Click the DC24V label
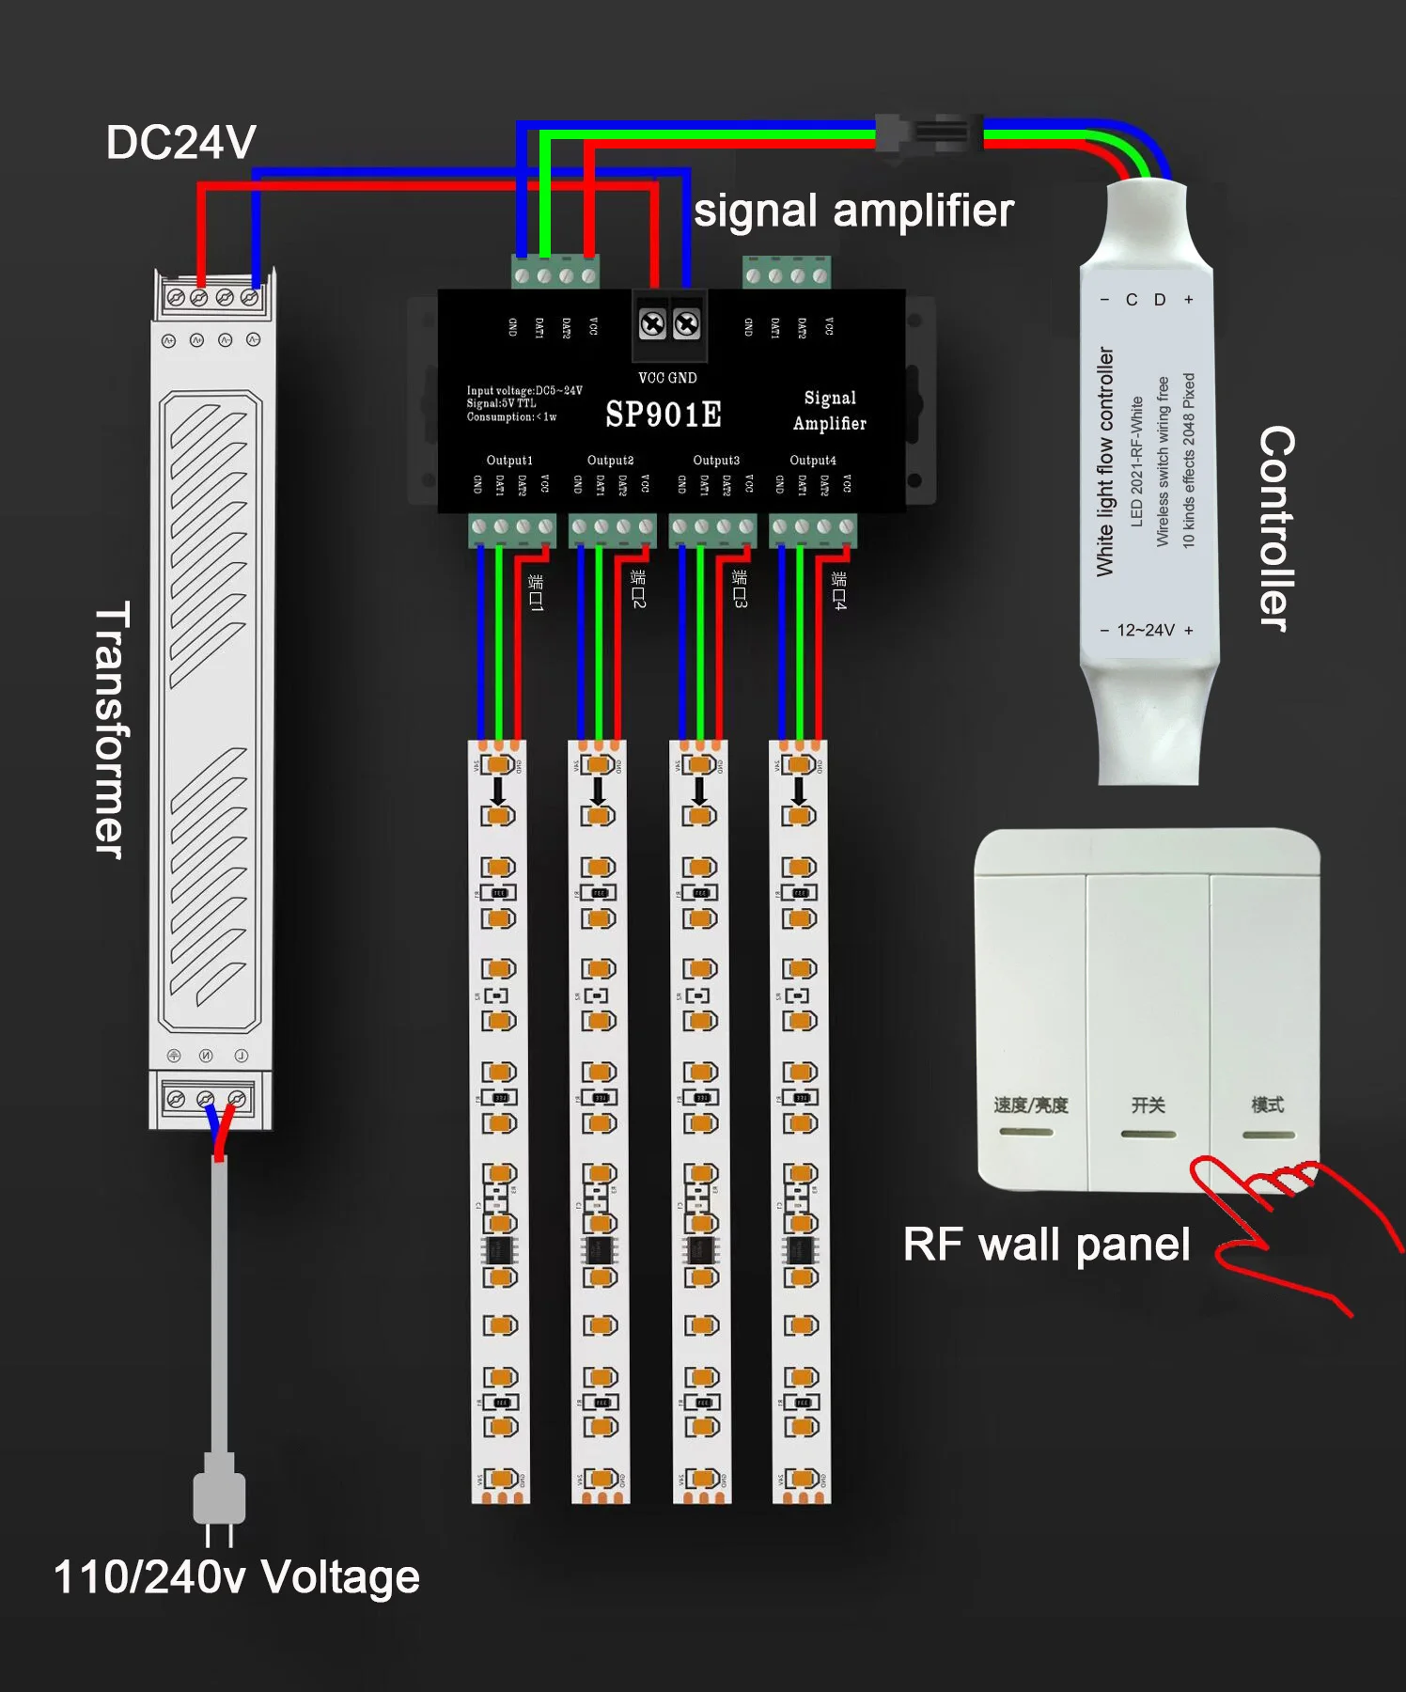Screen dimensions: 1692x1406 pos(180,143)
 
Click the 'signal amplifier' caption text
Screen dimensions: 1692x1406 pos(853,211)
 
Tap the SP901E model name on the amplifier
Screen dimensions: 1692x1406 pos(664,415)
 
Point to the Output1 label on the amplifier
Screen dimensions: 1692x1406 pos(509,460)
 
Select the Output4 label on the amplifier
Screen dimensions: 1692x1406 pos(813,460)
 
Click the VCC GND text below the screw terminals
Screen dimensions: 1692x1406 pos(667,378)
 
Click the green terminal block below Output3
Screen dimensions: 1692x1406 pos(712,529)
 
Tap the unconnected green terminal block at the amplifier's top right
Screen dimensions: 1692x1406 pos(787,274)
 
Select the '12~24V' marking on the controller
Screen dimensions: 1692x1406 pos(1146,630)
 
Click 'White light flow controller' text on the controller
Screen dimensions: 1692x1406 pos(1105,462)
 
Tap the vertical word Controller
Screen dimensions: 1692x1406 pos(1276,527)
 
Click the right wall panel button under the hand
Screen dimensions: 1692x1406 pos(1266,1034)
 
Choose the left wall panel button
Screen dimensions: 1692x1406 pos(1031,1034)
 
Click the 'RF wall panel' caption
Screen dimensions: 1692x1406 pos(1046,1245)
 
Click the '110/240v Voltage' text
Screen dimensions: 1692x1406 pos(237,1577)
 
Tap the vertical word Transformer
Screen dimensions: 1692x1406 pos(113,729)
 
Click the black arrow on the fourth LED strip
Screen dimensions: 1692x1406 pos(799,790)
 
